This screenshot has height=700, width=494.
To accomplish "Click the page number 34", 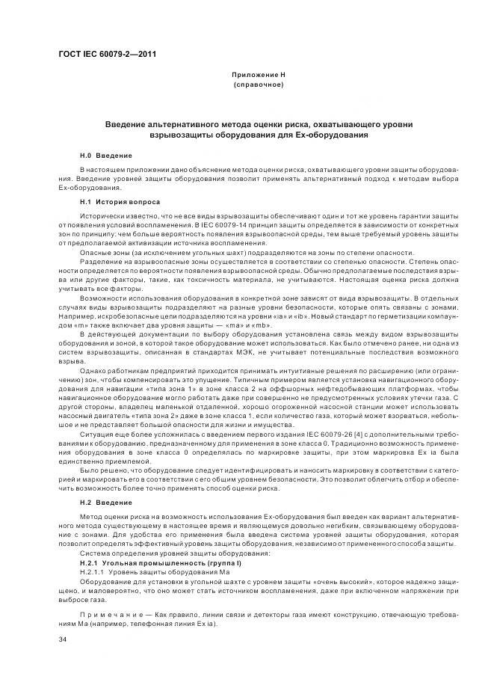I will tap(62, 639).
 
